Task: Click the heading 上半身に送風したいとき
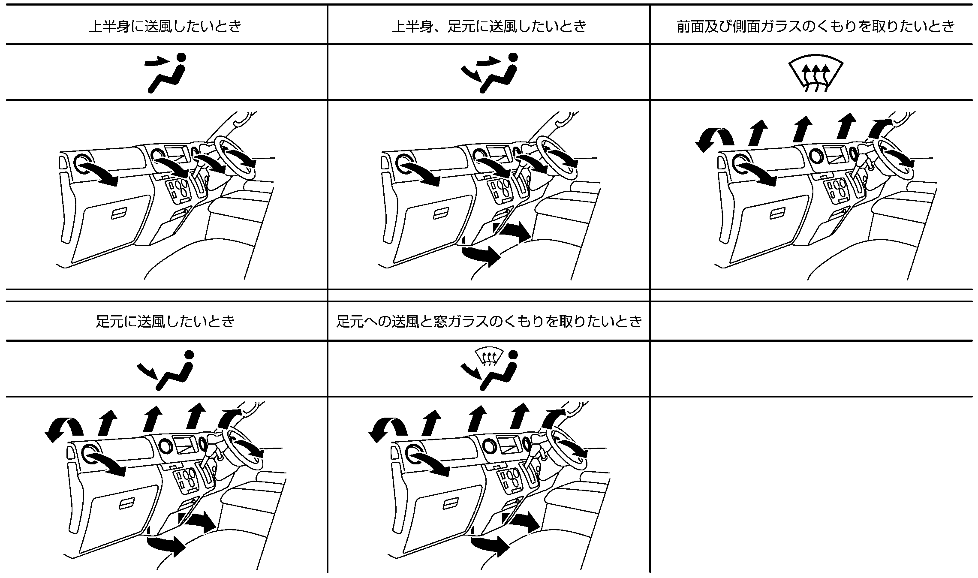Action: click(165, 27)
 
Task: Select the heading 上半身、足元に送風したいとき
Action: click(489, 27)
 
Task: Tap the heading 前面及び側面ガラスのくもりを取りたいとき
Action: click(816, 27)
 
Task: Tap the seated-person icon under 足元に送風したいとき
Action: click(166, 370)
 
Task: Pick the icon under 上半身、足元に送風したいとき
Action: click(489, 72)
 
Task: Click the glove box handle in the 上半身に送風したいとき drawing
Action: click(119, 214)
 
